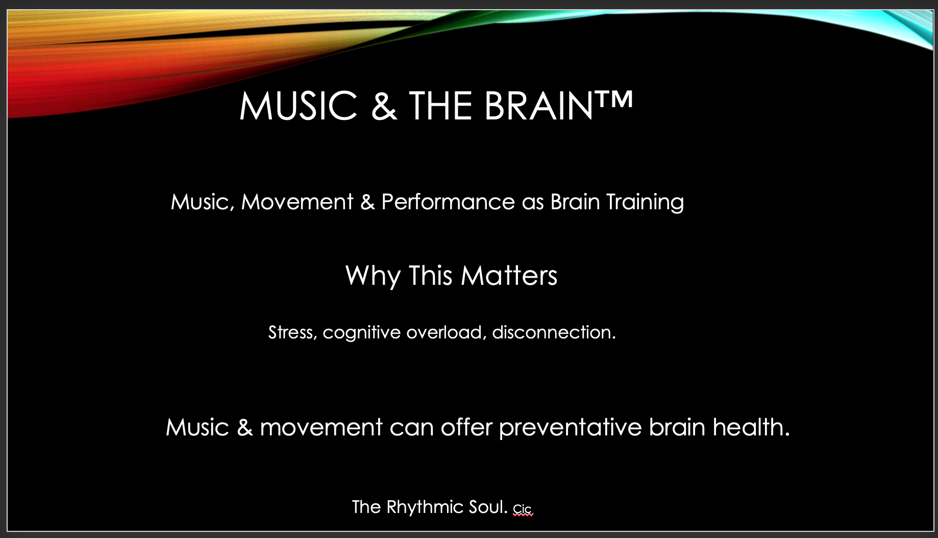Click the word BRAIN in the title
tap(538, 106)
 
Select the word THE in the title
tap(440, 106)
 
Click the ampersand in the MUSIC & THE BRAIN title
tap(384, 106)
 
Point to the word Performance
tap(448, 202)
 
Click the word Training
tap(645, 203)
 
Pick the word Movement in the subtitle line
tap(297, 202)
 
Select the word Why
tap(373, 276)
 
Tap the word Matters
tap(509, 276)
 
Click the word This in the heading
tap(430, 276)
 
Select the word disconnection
tap(554, 333)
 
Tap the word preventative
tap(570, 428)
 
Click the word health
tap(751, 427)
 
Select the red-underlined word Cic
tap(523, 509)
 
